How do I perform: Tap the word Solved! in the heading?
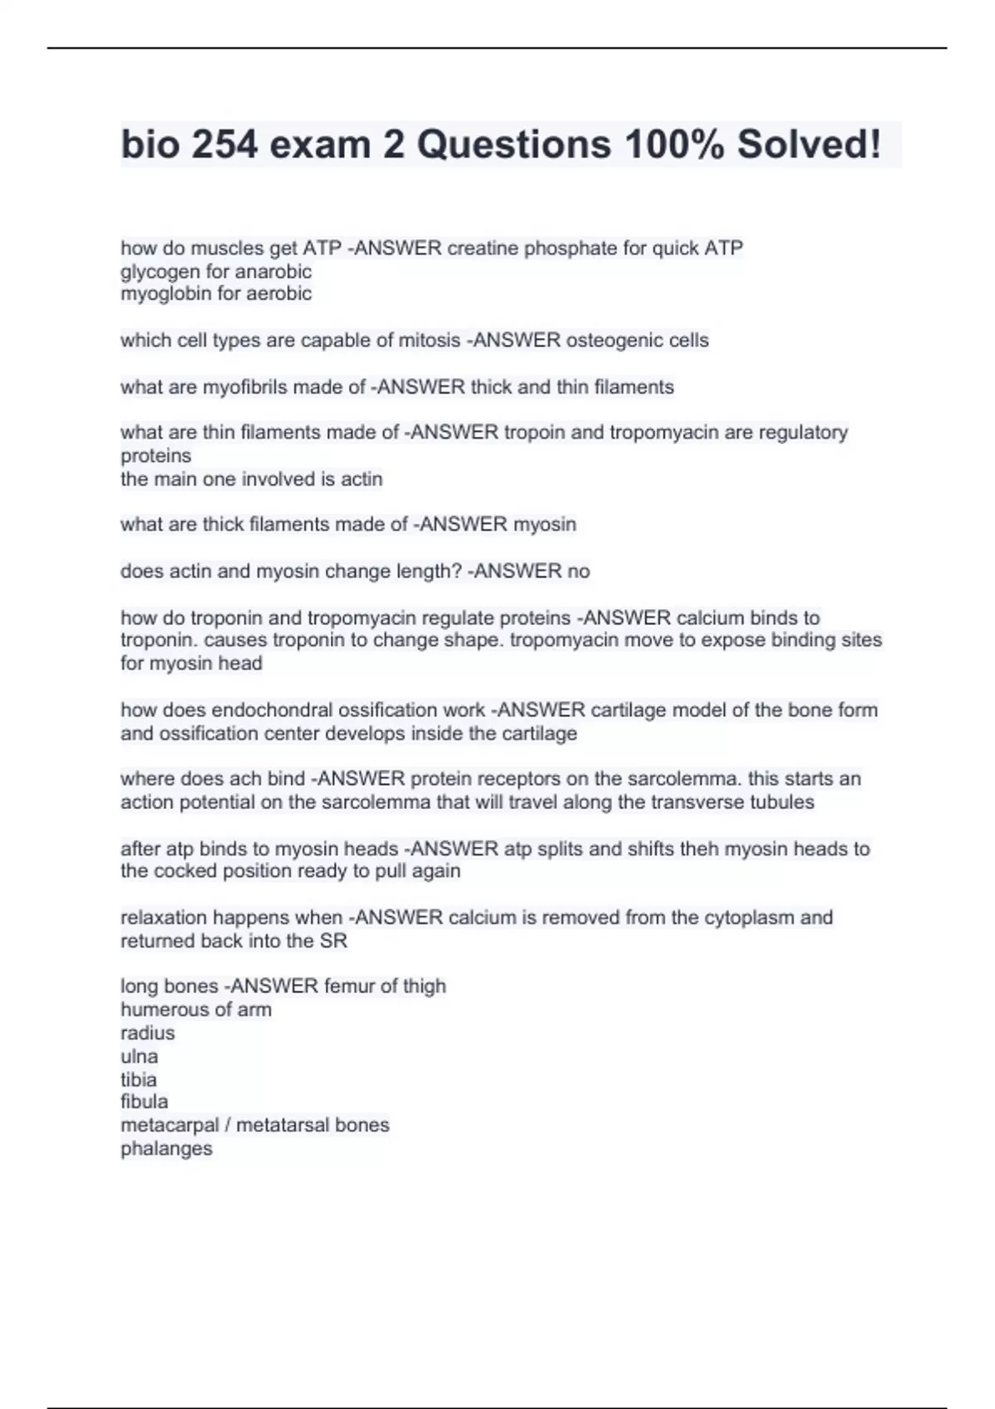click(808, 145)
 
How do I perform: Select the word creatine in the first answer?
click(483, 248)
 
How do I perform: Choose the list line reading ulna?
click(139, 1057)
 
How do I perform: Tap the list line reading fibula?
click(144, 1102)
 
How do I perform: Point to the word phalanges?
click(167, 1149)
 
